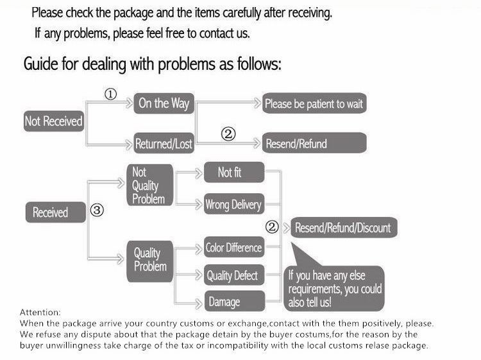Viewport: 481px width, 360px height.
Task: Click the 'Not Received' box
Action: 54,121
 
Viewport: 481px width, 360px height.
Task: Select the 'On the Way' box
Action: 164,103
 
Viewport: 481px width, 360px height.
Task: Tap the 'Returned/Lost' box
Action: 164,143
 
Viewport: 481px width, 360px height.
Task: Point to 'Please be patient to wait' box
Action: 314,103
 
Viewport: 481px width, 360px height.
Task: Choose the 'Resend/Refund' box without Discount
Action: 314,142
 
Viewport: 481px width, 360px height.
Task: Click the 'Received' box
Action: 56,212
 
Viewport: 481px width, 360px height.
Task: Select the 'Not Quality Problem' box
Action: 150,185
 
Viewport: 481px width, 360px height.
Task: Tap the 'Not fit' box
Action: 234,172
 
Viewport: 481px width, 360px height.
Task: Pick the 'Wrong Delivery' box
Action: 234,204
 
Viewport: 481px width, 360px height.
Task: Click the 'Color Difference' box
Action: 234,247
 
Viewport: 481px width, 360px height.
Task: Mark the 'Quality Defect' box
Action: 234,275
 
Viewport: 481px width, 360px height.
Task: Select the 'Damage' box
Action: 234,301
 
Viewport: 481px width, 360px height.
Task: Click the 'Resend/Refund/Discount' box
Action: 344,228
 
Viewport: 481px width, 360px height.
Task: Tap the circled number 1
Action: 111,94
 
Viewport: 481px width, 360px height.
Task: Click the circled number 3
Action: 97,210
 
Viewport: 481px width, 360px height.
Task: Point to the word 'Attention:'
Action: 40,313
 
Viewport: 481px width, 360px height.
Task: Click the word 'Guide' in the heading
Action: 41,64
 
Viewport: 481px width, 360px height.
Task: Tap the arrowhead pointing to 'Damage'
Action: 199,304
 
